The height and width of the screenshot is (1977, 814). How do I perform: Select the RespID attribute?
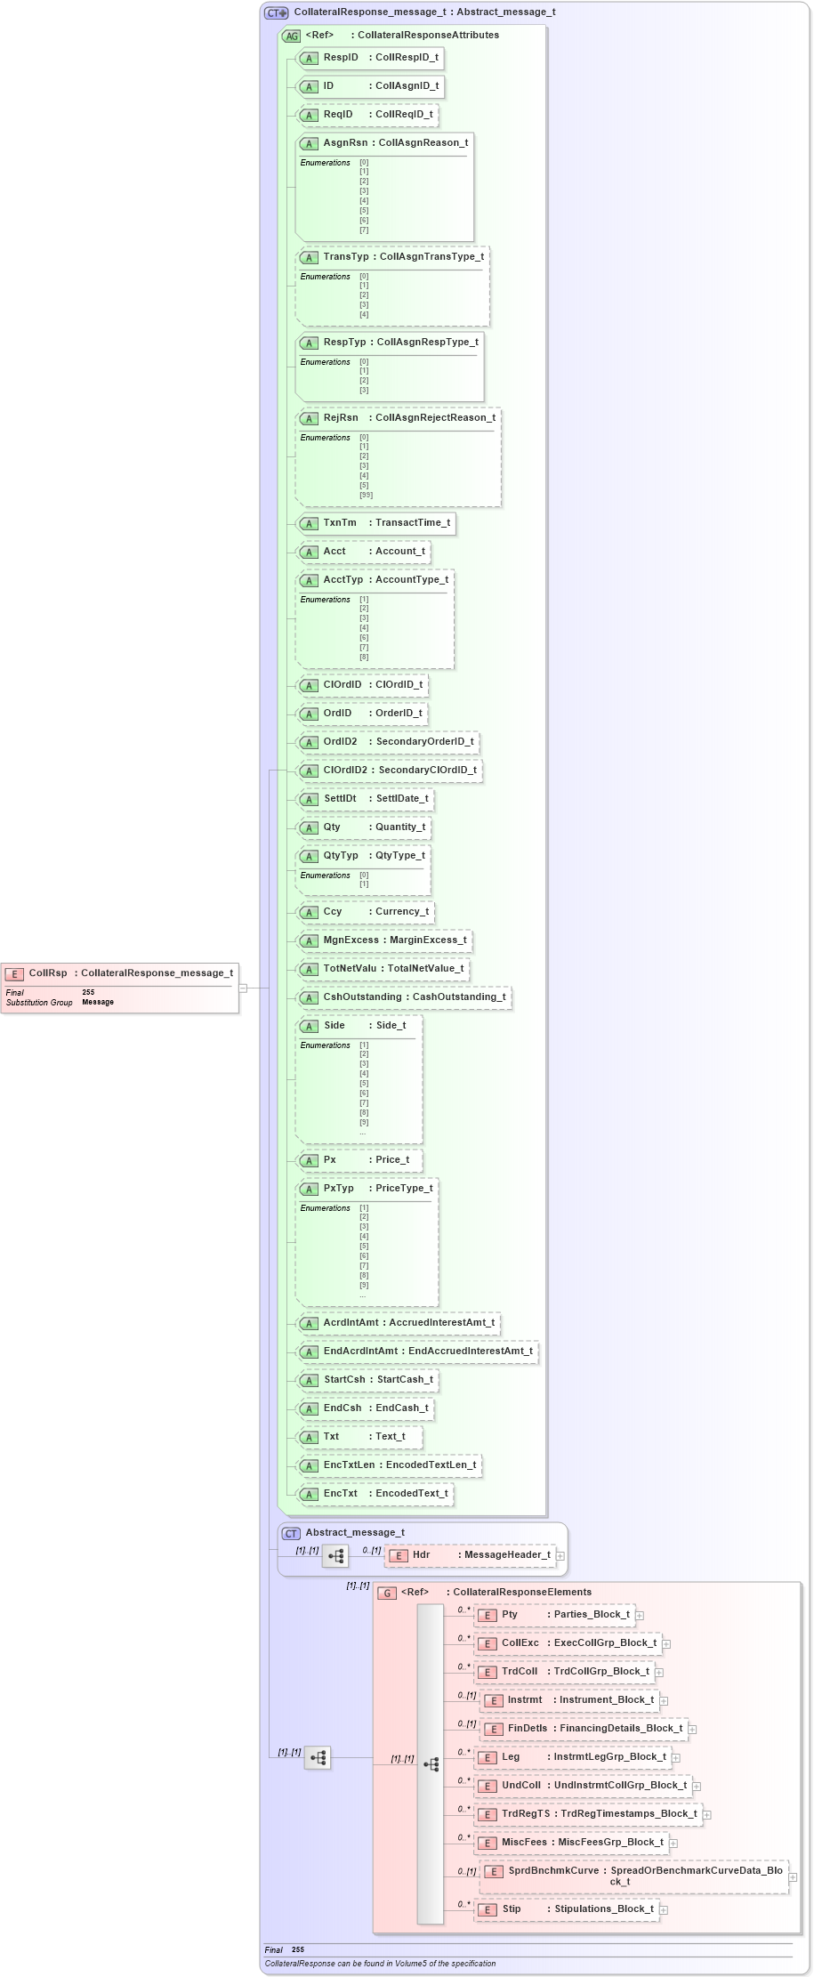pos(368,58)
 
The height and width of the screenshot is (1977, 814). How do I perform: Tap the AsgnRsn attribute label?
pos(345,143)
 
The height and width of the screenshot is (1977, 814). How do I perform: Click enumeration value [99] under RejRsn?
pos(366,495)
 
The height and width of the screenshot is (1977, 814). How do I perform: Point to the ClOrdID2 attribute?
pos(390,771)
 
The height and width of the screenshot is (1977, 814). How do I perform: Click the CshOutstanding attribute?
pos(404,997)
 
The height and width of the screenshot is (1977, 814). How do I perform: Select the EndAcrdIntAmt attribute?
pos(417,1352)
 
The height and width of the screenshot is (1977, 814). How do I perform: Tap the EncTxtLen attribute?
pos(390,1465)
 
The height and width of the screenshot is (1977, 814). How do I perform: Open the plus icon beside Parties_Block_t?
pos(640,1615)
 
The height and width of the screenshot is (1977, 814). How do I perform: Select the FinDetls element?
pos(584,1729)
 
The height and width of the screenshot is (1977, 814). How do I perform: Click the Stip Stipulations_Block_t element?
pos(567,1909)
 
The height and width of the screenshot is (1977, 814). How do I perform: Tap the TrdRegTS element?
pos(588,1814)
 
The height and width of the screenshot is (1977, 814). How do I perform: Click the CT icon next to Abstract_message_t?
pos(291,1533)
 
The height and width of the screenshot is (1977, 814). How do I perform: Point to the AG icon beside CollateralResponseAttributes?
pos(291,36)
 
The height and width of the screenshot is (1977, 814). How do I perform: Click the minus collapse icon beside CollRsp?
pos(242,988)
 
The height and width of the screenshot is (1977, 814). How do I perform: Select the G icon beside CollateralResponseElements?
pos(387,1593)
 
